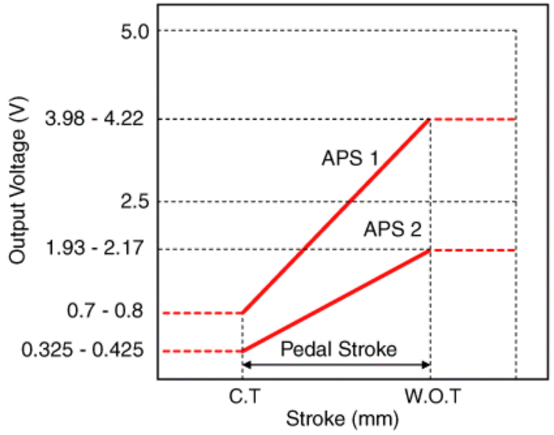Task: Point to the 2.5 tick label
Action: tap(132, 202)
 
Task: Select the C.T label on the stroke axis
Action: tap(242, 397)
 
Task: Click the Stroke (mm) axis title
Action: tap(341, 420)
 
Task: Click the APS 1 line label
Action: tap(349, 159)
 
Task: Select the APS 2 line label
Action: tap(392, 230)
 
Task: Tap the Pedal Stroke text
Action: tap(339, 350)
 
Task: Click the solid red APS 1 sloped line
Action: tap(336, 216)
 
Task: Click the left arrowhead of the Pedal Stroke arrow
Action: tap(246, 364)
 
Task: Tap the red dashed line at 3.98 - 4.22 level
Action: tap(474, 120)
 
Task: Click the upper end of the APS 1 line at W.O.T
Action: tap(430, 120)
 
